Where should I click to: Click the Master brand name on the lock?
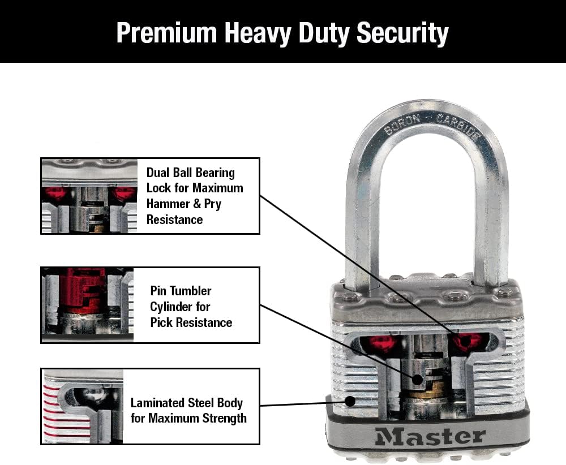(x=430, y=436)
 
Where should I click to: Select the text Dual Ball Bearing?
(x=190, y=173)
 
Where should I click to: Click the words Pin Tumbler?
(x=181, y=291)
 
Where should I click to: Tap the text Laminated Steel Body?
(x=186, y=403)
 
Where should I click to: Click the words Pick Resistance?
(x=191, y=322)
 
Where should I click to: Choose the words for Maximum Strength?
(x=188, y=419)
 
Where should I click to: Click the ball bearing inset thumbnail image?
(x=89, y=196)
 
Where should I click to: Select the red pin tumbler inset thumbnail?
(x=87, y=304)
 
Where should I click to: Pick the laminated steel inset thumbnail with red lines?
(x=83, y=406)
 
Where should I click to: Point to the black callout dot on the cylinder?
(x=415, y=380)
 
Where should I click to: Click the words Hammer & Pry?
(x=183, y=204)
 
